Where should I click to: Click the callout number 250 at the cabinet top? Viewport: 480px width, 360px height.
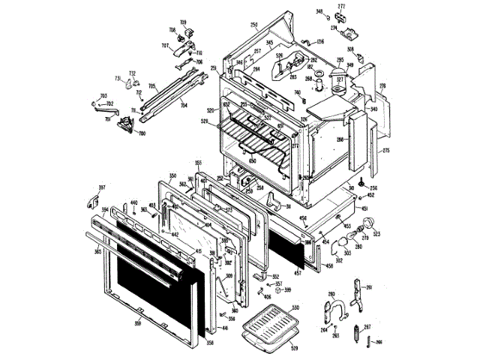tap(253, 25)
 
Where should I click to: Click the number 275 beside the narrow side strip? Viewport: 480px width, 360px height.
tap(385, 151)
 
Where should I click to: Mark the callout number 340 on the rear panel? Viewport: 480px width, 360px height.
tap(373, 109)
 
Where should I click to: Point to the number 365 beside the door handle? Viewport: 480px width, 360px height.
tap(97, 252)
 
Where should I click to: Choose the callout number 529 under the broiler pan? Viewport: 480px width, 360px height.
tap(294, 349)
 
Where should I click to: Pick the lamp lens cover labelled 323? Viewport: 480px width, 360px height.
tap(367, 223)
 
